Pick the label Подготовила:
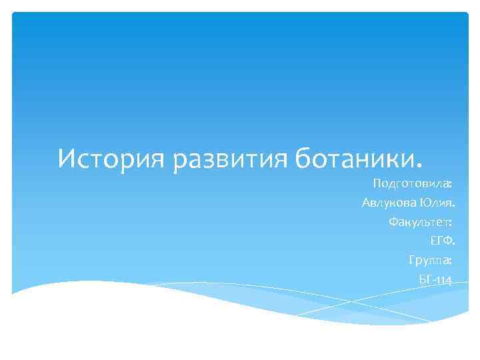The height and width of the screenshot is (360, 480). [413, 183]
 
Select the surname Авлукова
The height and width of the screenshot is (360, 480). [390, 202]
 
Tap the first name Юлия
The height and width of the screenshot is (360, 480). [438, 202]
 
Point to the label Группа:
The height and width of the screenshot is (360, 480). [431, 260]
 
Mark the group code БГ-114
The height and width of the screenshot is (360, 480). [435, 279]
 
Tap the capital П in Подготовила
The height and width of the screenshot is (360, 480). [377, 183]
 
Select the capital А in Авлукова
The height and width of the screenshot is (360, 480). [366, 202]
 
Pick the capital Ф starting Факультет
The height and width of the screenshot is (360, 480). [393, 221]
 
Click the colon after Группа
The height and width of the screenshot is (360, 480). [451, 261]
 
